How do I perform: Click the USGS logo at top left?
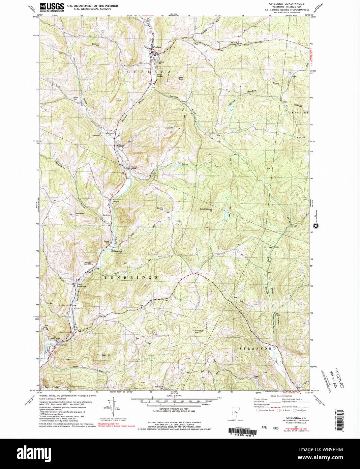pos(52,7)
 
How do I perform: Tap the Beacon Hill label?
pos(95,45)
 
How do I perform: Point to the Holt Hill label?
pos(169,128)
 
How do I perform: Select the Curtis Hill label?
pos(160,209)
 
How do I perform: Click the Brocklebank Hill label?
pos(206,210)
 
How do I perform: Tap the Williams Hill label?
pos(199,332)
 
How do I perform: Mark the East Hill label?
pos(106,355)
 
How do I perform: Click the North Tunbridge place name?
pos(82,285)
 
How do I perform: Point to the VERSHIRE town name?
pos(299,112)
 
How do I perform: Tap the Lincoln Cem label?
pos(76,99)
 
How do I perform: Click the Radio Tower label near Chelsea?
pos(181,78)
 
